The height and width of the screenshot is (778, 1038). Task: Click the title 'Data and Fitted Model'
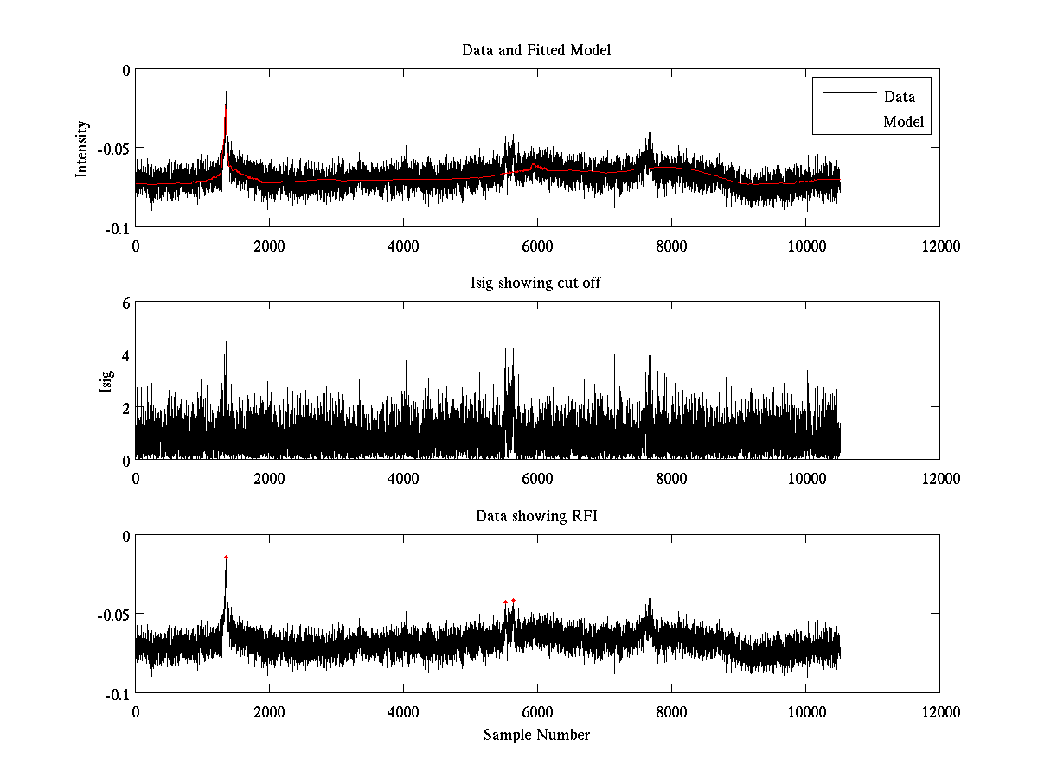(x=536, y=50)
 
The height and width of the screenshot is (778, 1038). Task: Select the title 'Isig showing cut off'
(x=536, y=284)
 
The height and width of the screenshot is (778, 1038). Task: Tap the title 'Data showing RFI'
(x=536, y=516)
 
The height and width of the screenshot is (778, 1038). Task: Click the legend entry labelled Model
(x=903, y=122)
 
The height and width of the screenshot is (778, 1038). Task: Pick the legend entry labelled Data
(x=899, y=97)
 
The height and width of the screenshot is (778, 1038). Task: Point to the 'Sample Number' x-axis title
(x=536, y=735)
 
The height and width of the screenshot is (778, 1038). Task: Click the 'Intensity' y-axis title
(x=82, y=149)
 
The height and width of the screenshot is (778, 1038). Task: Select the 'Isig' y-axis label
(x=106, y=380)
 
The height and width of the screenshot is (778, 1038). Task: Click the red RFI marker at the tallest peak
(x=226, y=557)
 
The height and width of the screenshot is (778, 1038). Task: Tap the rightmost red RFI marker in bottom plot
(x=513, y=600)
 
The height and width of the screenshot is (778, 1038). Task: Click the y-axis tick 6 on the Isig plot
(x=125, y=303)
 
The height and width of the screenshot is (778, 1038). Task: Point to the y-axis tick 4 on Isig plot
(x=125, y=354)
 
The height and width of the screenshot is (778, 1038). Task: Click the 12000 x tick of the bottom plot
(x=940, y=711)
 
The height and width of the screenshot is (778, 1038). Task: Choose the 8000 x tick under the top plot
(x=671, y=246)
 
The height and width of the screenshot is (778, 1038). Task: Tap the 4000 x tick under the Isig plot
(x=403, y=478)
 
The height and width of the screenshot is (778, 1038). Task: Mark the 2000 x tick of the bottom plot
(x=269, y=711)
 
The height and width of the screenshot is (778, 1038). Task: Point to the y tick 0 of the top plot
(x=125, y=71)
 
